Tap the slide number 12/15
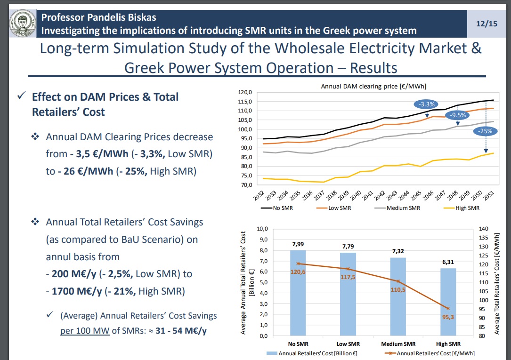(x=486, y=23)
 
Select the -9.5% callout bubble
(x=458, y=115)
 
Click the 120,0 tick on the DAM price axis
(x=246, y=92)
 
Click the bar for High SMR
(x=448, y=302)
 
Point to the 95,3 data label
(x=448, y=317)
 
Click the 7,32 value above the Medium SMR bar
(x=397, y=251)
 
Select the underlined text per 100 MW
(x=85, y=330)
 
